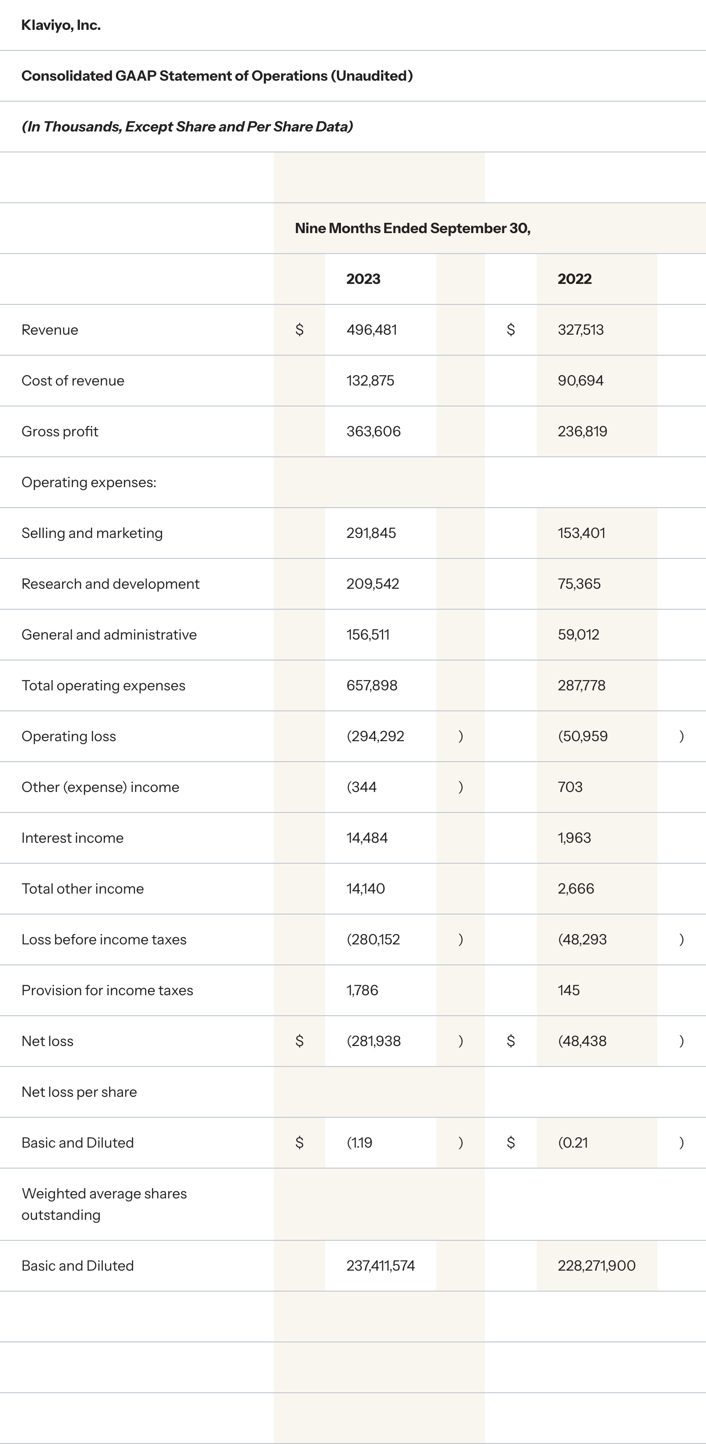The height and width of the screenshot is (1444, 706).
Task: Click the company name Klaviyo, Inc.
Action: (61, 25)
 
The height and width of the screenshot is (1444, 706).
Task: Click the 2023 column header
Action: (363, 279)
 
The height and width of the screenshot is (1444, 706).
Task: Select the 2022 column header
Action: (574, 279)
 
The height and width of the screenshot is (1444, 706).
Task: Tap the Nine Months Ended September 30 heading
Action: (412, 228)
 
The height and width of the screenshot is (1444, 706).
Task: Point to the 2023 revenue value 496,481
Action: (371, 330)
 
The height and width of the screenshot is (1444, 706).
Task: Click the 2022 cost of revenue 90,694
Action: (580, 381)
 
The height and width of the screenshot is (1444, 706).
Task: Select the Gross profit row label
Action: (60, 431)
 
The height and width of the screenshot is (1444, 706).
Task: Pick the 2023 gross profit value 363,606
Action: (374, 431)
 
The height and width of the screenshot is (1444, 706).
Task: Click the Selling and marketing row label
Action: (92, 533)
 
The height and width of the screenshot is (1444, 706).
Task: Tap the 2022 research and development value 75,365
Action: (579, 584)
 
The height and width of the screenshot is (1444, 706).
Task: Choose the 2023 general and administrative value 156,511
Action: (368, 635)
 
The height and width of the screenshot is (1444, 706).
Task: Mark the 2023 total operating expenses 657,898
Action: (372, 685)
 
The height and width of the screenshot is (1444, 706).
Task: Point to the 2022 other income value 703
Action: (570, 787)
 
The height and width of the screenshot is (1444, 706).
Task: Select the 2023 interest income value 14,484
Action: (367, 838)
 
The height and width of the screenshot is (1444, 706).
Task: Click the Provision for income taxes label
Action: (107, 990)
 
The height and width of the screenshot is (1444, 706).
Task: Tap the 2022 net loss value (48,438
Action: (582, 1041)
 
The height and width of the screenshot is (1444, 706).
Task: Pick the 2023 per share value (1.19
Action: (359, 1143)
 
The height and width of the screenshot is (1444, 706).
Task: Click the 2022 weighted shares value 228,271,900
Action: (596, 1266)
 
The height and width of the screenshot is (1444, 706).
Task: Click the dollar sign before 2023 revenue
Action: (300, 330)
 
